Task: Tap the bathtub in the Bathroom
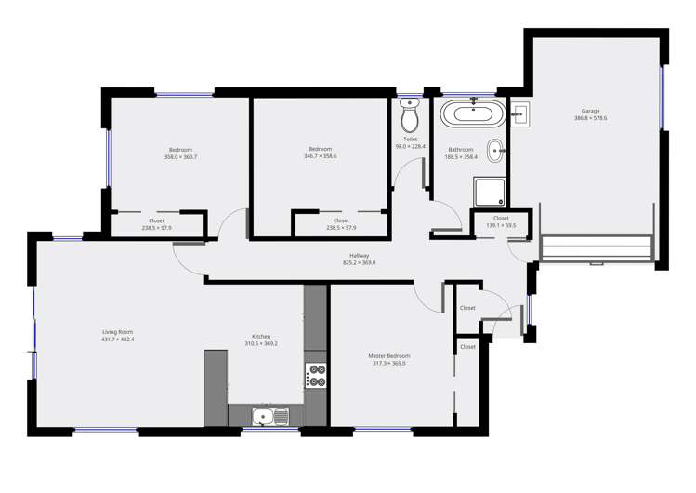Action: (473, 115)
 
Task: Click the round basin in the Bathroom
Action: (497, 147)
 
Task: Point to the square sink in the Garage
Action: (520, 115)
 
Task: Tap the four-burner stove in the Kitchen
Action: (316, 375)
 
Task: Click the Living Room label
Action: (118, 331)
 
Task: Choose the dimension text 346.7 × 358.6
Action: (321, 156)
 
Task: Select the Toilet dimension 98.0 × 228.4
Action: (410, 146)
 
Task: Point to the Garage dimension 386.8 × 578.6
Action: (590, 118)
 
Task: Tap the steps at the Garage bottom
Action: (595, 248)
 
